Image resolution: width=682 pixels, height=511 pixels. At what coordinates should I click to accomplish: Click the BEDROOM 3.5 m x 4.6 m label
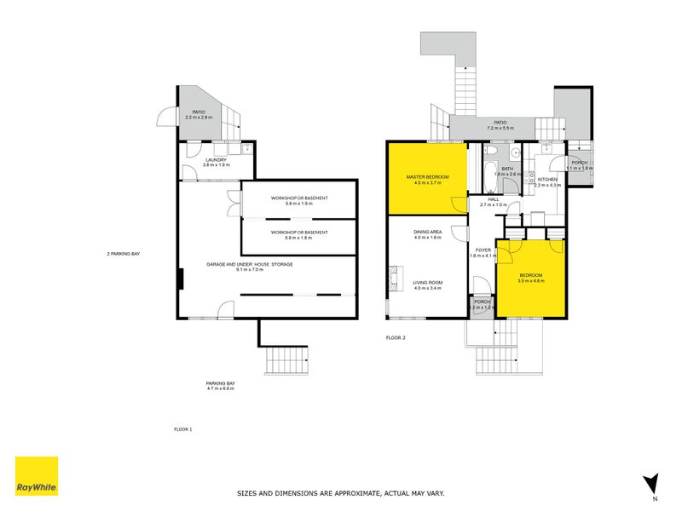[531, 278]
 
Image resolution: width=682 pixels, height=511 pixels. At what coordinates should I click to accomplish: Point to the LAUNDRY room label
[215, 162]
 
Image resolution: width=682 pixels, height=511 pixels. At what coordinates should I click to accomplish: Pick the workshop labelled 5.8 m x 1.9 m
[299, 201]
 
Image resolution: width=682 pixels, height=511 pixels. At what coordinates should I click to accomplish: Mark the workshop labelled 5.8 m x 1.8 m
[299, 235]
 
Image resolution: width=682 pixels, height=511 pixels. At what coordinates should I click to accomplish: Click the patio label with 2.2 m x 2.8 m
[199, 114]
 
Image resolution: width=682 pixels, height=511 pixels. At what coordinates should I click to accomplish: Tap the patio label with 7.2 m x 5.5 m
[496, 124]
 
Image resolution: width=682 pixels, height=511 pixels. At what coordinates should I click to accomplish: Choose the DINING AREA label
[427, 234]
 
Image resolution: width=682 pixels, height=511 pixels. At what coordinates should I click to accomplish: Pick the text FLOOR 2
[396, 338]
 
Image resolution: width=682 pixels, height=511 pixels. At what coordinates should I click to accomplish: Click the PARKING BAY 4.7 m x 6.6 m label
[220, 386]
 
